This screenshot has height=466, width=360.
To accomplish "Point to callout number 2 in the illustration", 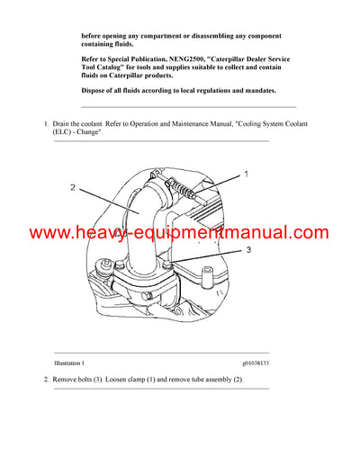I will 75,188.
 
